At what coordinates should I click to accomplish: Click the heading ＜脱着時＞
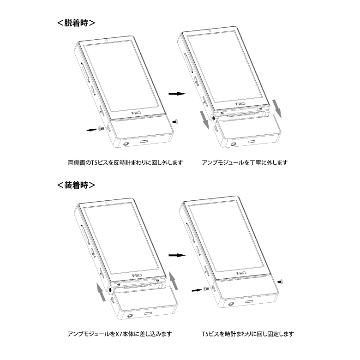tap(76, 23)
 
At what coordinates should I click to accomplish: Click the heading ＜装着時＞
tap(76, 185)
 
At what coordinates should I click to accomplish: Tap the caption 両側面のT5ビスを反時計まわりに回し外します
tap(126, 162)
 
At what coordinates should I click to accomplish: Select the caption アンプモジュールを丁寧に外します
tap(245, 162)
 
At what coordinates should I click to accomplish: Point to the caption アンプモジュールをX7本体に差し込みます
tap(120, 334)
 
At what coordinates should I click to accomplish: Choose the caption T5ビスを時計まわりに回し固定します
tap(248, 334)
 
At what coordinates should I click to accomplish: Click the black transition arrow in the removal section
tap(177, 94)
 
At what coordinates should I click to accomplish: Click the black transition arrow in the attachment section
tap(177, 255)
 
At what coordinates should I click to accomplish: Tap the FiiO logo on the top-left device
tap(136, 113)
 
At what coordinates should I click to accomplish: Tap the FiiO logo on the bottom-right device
tap(241, 273)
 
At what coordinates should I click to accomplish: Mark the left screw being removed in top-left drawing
tap(101, 129)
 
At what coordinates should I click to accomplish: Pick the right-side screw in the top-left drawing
tap(175, 121)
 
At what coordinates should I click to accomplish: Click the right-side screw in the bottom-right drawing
tap(280, 281)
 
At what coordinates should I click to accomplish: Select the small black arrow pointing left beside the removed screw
tap(91, 130)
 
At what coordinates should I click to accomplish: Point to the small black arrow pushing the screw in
tap(197, 290)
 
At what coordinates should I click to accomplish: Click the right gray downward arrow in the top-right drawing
tap(276, 109)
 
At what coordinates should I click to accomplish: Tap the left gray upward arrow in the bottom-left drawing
tap(102, 292)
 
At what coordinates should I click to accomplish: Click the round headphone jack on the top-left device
tap(126, 144)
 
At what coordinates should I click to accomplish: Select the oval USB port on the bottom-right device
tap(250, 301)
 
